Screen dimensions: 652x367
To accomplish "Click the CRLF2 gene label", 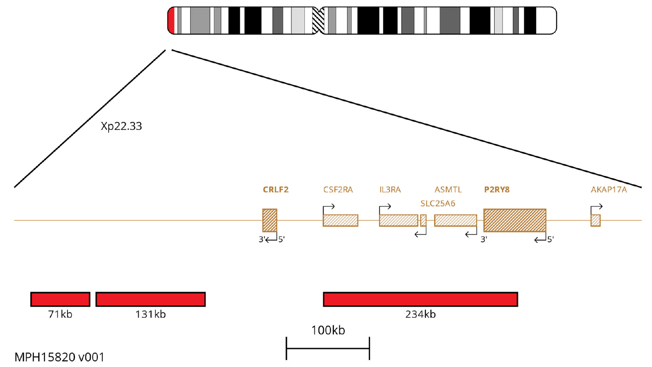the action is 276,190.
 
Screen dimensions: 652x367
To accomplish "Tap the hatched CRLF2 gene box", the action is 269,220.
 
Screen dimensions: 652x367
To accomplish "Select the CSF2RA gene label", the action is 338,190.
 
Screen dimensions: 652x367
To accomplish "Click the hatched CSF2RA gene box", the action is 340,220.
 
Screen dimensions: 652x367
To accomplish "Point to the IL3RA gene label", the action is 390,190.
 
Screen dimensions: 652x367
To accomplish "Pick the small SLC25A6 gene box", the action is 423,220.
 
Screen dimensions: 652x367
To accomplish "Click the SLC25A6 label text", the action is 438,203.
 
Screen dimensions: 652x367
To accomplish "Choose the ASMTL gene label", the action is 448,190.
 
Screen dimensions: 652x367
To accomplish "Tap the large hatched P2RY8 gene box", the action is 515,220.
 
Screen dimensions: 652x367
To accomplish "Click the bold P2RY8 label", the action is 497,190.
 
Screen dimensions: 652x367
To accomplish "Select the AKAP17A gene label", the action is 609,190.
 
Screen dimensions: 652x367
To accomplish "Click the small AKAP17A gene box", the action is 595,220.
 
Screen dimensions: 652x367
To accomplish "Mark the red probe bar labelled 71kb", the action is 60,299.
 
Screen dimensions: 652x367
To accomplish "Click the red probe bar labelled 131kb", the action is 150,299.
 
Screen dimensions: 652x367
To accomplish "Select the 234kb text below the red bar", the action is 421,314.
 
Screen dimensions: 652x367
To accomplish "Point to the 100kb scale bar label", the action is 328,330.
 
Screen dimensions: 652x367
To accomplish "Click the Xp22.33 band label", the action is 122,126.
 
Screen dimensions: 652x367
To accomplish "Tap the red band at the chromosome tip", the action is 171,20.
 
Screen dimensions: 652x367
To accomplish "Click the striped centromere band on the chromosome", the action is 318,20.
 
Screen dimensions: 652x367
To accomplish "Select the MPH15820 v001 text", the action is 60,357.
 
